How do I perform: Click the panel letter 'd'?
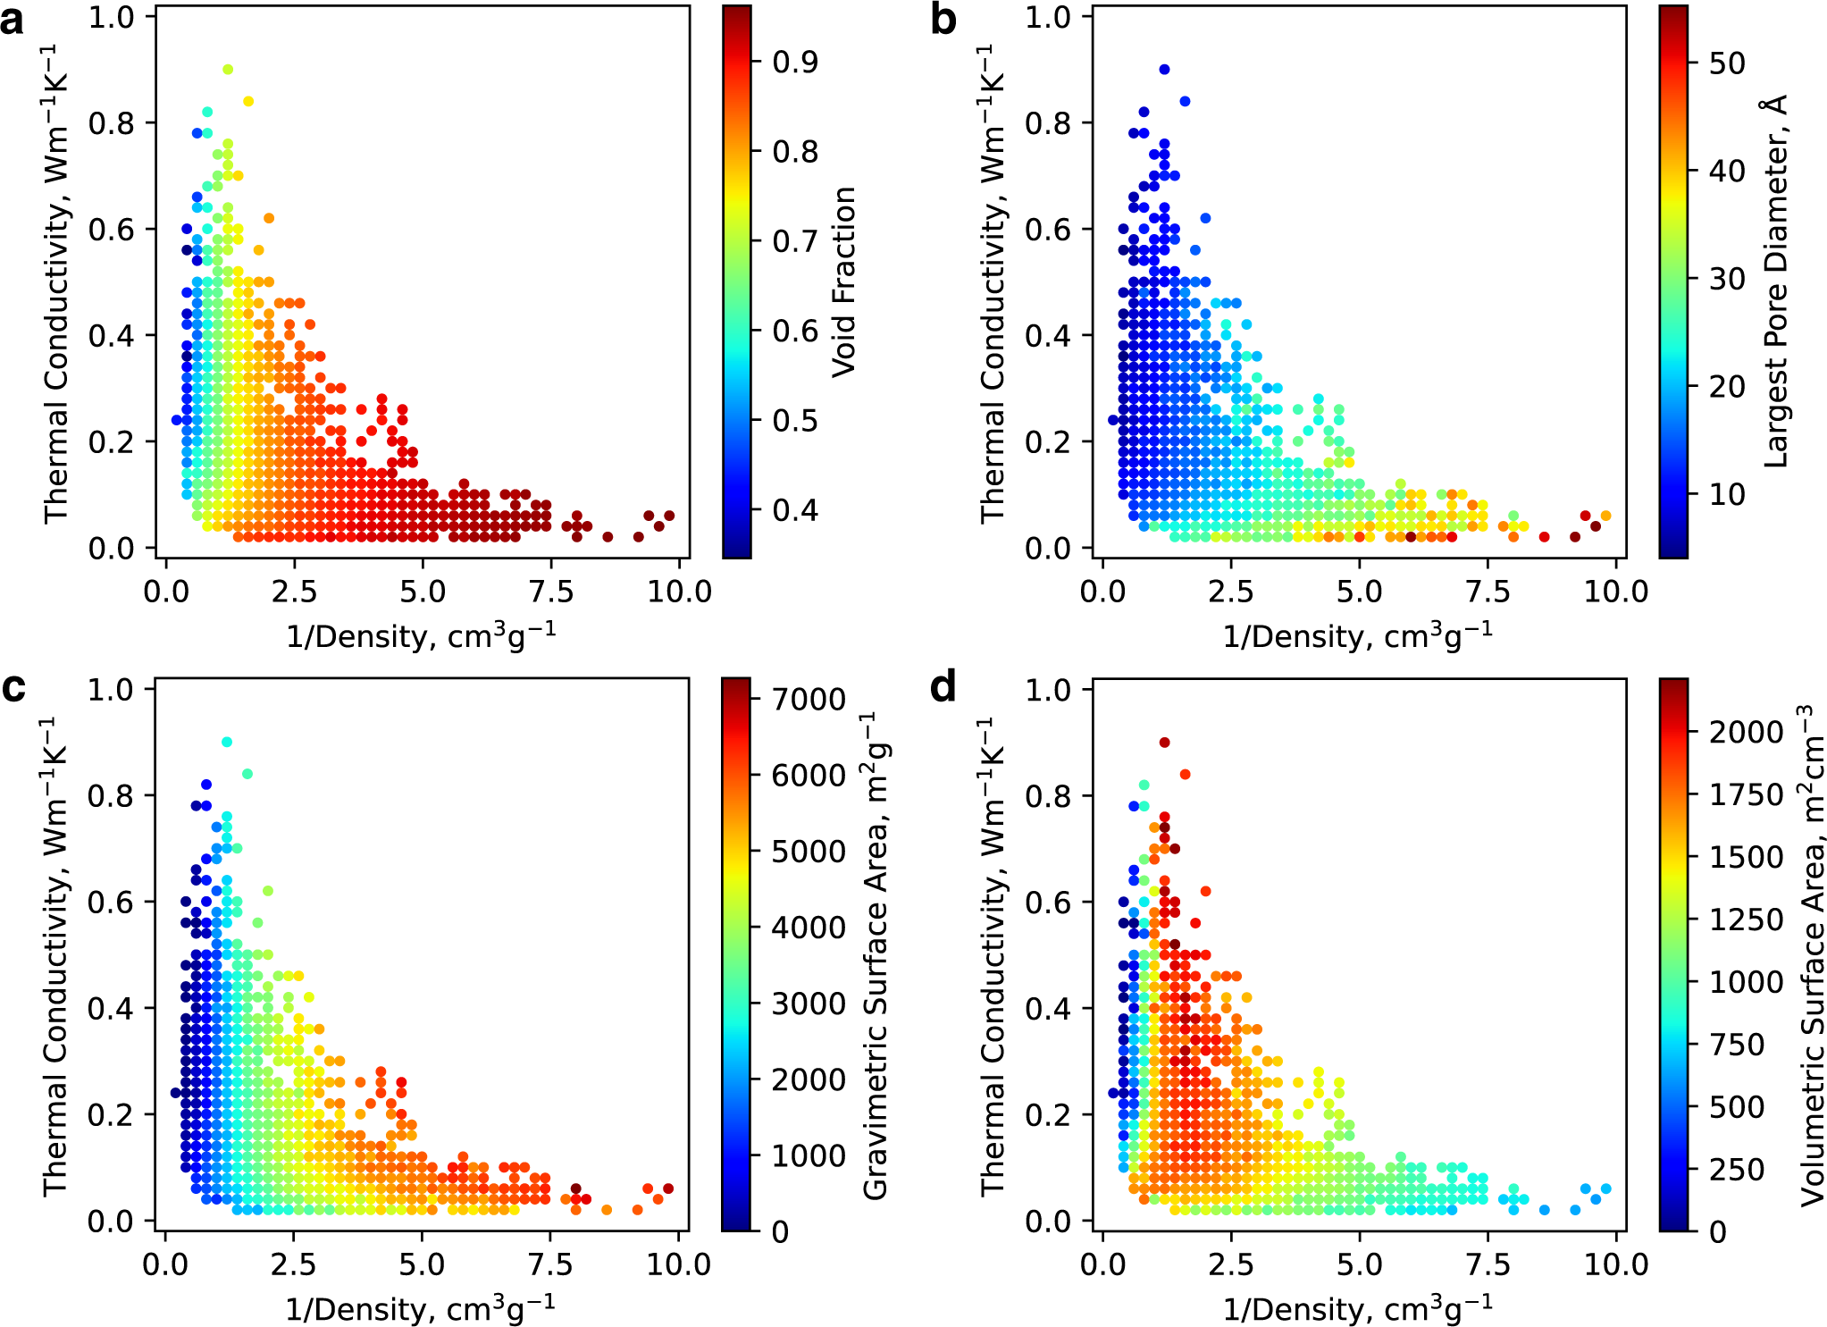(x=943, y=689)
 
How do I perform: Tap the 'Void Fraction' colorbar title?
(x=844, y=282)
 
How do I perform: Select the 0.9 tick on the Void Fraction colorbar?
(x=795, y=62)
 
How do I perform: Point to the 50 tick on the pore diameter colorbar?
(x=1726, y=63)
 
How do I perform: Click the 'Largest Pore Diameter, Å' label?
(x=1776, y=282)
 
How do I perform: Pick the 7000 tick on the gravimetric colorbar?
(x=809, y=699)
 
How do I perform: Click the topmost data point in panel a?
(x=228, y=70)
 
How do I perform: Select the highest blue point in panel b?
(x=1164, y=70)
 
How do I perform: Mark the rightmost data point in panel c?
(x=668, y=1188)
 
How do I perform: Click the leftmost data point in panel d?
(x=1113, y=1093)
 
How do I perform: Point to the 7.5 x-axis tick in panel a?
(x=551, y=592)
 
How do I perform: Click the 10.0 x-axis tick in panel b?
(x=1615, y=592)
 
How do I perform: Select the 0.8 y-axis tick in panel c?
(x=113, y=795)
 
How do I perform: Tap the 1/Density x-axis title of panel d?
(x=1357, y=1309)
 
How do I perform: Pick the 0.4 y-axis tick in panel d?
(x=1049, y=1008)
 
